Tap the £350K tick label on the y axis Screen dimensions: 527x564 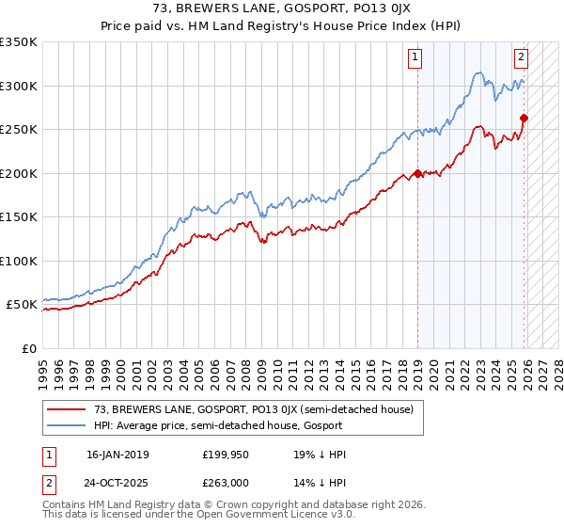pos(19,42)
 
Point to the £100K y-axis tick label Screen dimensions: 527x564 pos(19,261)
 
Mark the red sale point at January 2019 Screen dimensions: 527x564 pos(417,174)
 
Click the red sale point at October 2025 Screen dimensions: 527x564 pos(524,119)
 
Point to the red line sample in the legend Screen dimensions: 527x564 pos(67,409)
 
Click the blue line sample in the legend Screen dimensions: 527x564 pos(67,425)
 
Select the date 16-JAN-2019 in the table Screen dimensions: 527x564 pos(117,455)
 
